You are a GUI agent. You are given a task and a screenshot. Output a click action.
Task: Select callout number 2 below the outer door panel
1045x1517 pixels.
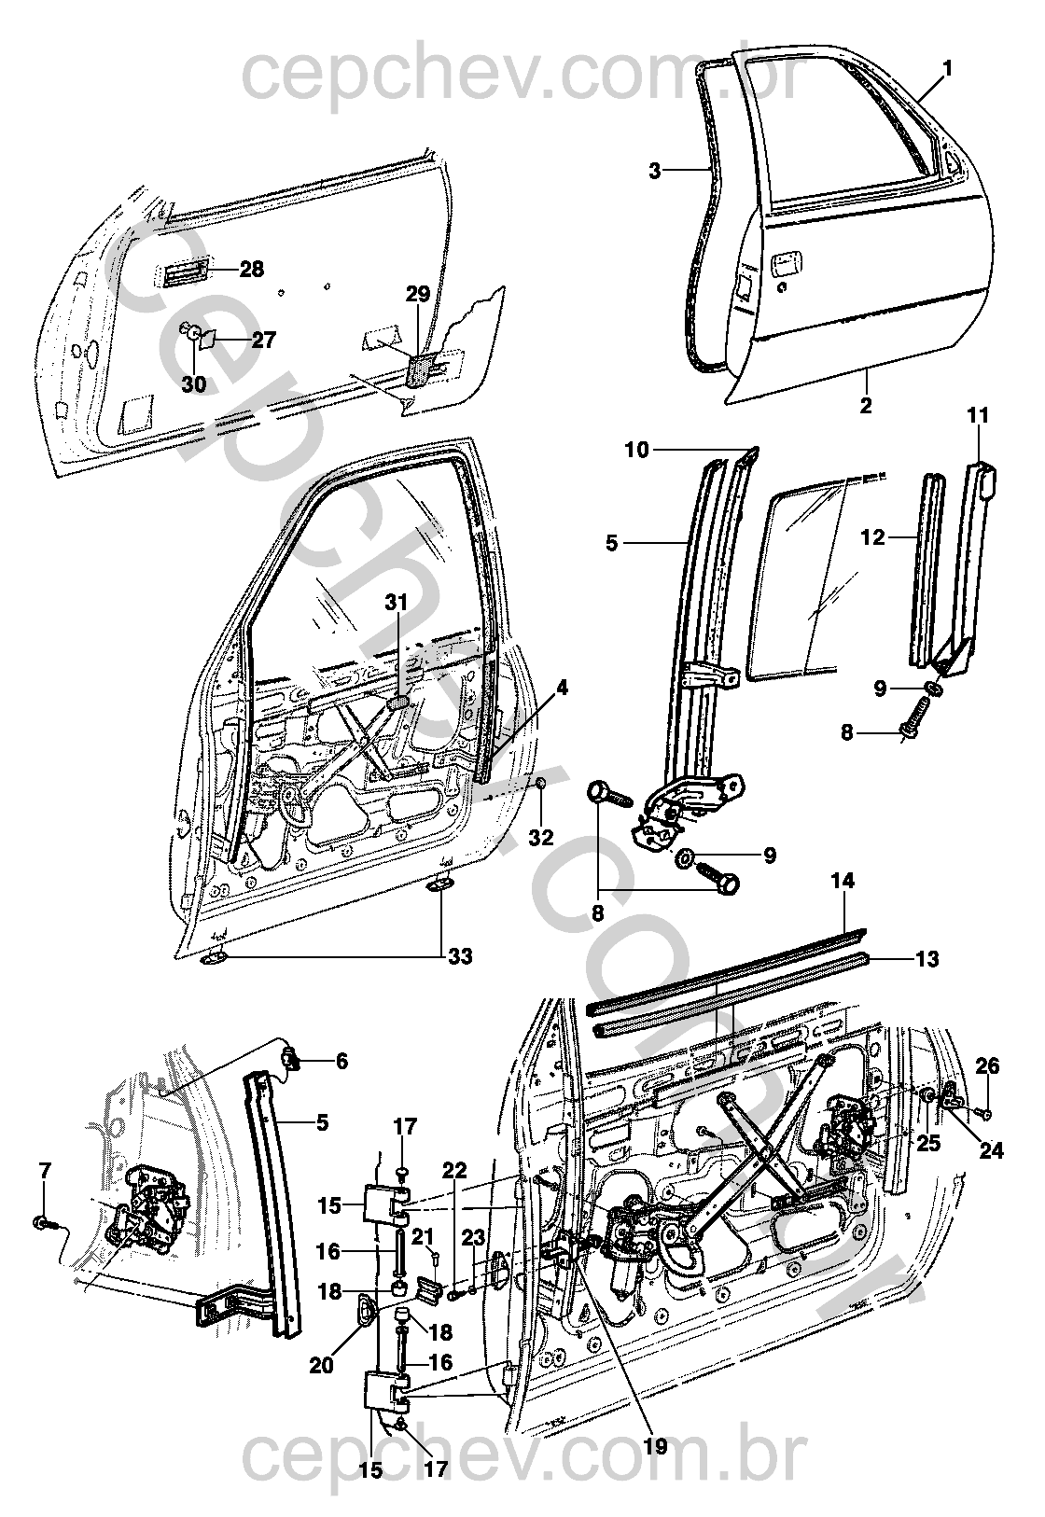[867, 406]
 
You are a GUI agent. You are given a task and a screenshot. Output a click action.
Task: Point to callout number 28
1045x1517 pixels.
[251, 270]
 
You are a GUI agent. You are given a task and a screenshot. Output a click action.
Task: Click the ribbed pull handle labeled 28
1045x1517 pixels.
[183, 273]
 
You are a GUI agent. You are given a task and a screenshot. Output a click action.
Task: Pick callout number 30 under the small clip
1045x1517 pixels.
[194, 383]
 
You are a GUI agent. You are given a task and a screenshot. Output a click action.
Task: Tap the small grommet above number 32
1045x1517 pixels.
[541, 781]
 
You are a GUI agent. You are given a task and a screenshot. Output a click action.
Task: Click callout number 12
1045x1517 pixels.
[872, 536]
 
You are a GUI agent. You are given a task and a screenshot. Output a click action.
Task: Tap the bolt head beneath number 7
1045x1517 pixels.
[42, 1221]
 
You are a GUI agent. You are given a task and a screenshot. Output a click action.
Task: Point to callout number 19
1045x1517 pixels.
[656, 1447]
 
